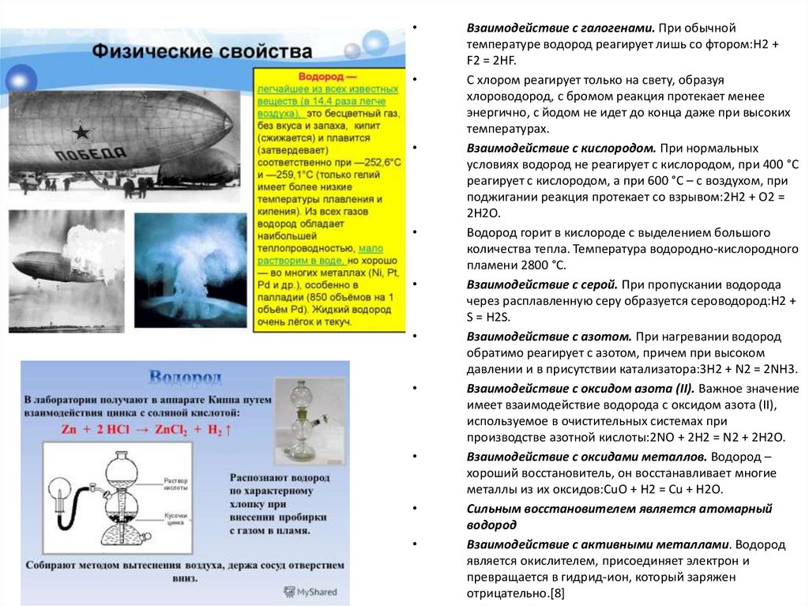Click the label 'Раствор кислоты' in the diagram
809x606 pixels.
[175, 483]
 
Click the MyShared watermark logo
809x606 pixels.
[310, 591]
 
